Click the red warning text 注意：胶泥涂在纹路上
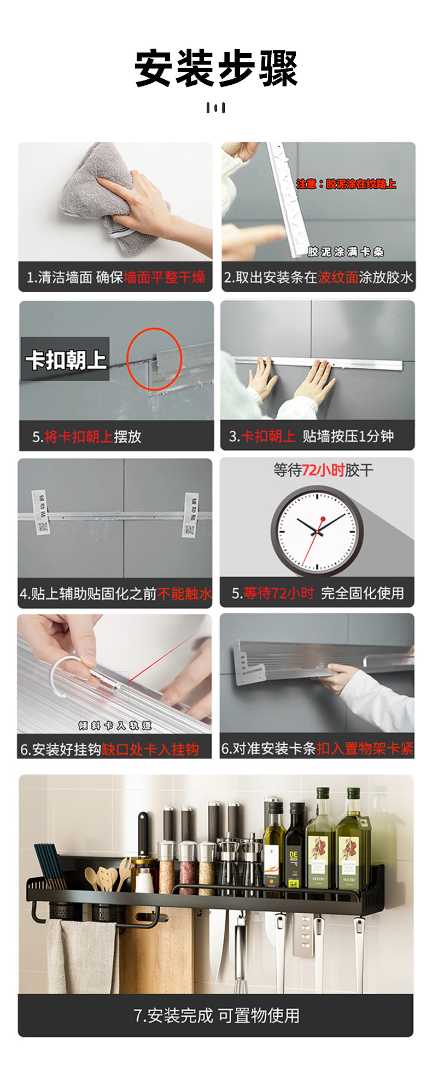tap(346, 184)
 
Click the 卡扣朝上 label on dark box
tap(66, 360)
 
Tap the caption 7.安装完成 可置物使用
tap(216, 1016)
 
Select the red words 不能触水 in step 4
tap(184, 594)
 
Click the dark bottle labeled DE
tap(294, 845)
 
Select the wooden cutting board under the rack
tap(159, 952)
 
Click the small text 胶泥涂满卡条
tap(346, 252)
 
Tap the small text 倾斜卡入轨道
tap(114, 726)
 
